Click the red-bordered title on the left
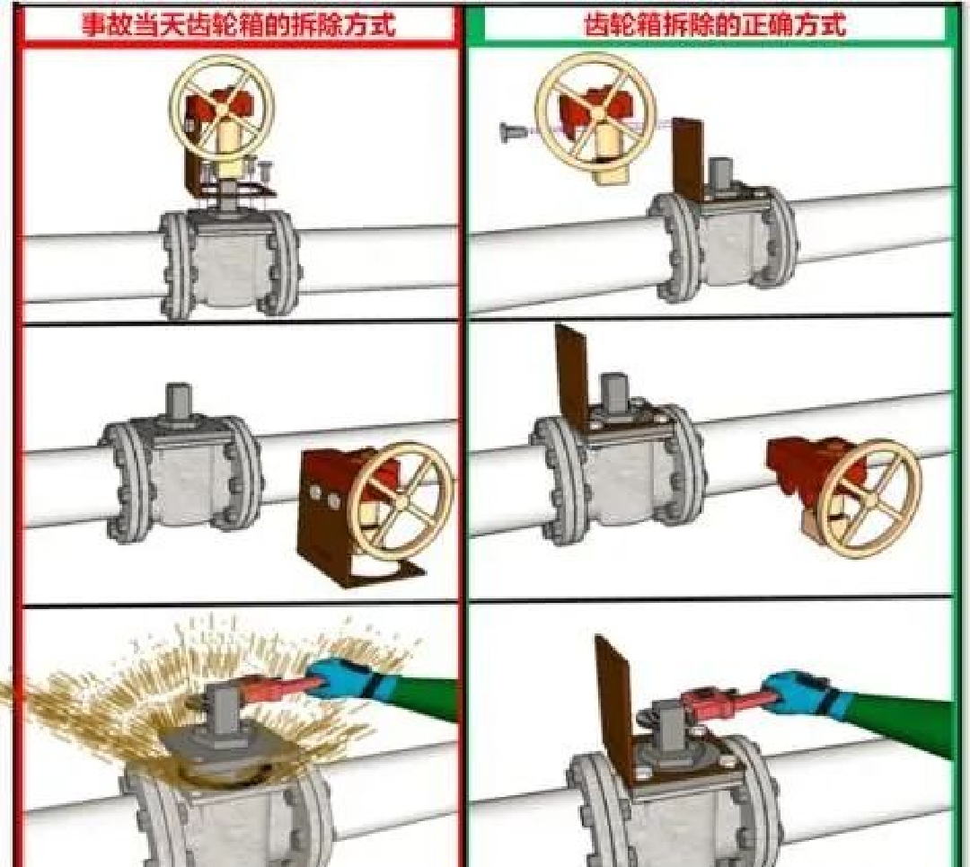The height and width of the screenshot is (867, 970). point(239,25)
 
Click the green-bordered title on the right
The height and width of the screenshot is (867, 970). point(715,25)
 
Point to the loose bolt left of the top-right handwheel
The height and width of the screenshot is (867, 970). point(515,131)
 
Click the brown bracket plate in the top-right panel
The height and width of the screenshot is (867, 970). point(688,159)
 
